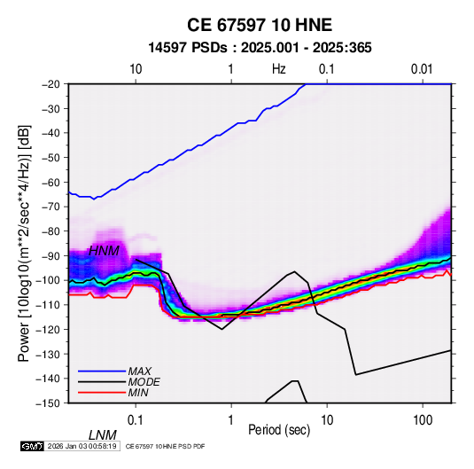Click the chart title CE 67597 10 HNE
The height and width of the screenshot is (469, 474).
(x=260, y=25)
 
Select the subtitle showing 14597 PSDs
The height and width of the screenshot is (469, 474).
(x=260, y=48)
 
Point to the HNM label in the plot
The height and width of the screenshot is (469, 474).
(x=104, y=251)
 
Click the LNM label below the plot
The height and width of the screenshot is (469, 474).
(x=103, y=435)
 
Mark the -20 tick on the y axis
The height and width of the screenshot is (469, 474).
(x=51, y=84)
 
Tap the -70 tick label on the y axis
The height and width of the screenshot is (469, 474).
(x=51, y=207)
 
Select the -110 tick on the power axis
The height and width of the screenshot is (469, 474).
(x=48, y=305)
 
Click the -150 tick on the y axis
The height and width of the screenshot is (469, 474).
(x=48, y=403)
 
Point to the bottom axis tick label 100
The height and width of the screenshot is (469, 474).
(x=423, y=420)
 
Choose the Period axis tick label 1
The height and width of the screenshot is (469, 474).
(x=231, y=420)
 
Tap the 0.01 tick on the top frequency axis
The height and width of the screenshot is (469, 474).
(x=422, y=69)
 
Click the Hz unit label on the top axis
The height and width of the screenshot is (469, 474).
(x=279, y=69)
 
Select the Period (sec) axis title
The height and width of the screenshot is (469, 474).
(x=279, y=430)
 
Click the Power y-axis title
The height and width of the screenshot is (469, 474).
(x=24, y=243)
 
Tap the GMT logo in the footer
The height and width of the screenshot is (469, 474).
(x=33, y=446)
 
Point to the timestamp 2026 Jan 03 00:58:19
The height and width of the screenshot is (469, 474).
(x=82, y=446)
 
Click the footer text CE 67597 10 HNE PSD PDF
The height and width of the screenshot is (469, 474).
(x=165, y=446)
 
